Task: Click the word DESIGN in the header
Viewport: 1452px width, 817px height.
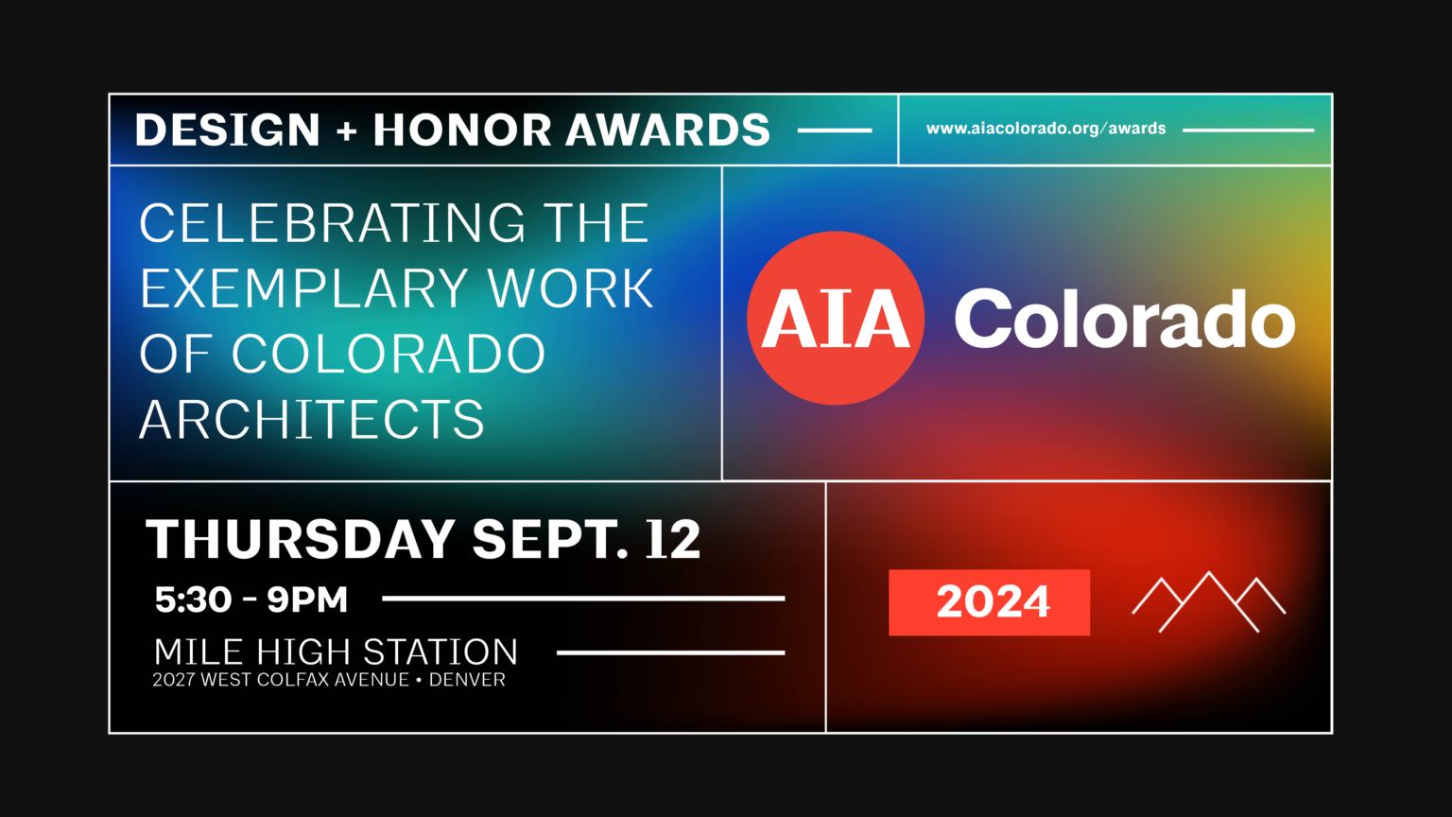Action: tap(228, 130)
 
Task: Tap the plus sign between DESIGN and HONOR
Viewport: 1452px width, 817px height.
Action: tap(347, 130)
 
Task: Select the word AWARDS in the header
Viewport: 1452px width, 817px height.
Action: tap(668, 130)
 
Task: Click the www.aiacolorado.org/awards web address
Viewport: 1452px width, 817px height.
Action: tap(1046, 129)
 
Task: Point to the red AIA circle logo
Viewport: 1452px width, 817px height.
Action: tap(835, 319)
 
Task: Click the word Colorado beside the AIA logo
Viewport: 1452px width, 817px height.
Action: tap(1124, 320)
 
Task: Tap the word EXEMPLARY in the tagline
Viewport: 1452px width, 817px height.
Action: tap(305, 288)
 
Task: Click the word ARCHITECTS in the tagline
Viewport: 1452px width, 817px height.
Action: tap(312, 420)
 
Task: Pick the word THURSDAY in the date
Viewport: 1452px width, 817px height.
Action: tap(301, 540)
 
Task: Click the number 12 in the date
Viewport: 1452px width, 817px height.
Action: tap(673, 540)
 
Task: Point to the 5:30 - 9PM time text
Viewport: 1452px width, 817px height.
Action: tap(251, 600)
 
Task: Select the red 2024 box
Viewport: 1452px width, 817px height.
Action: tap(989, 602)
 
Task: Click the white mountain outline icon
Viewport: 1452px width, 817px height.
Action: tap(1208, 601)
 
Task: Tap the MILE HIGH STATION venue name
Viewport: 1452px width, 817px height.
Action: tap(336, 652)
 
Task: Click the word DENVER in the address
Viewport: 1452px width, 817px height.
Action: tap(467, 680)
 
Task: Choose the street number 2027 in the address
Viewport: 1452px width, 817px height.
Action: tap(174, 680)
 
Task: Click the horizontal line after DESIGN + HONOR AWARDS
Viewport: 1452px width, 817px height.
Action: tap(835, 130)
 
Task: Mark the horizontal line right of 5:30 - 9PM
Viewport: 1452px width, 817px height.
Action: tap(583, 599)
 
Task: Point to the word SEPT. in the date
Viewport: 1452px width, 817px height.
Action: tap(550, 540)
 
